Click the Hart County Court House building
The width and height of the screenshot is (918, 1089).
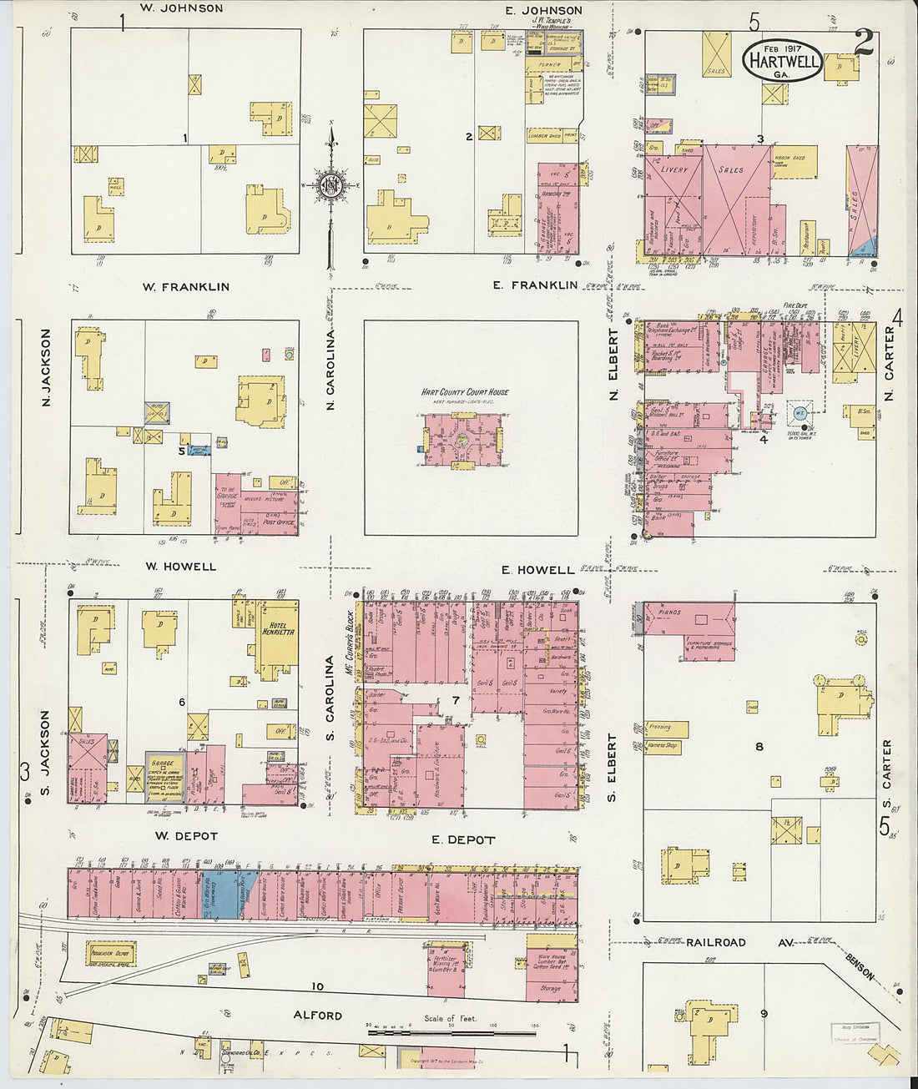click(463, 439)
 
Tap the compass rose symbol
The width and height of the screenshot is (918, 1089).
click(331, 186)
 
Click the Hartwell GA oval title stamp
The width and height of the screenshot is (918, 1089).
click(783, 62)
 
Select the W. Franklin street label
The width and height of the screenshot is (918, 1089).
click(185, 286)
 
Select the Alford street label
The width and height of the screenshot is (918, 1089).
click(317, 1016)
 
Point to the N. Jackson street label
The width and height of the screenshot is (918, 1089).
click(46, 367)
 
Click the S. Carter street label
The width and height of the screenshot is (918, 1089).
click(887, 764)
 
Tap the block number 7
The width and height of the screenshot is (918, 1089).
click(456, 700)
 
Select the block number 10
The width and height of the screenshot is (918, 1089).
click(317, 986)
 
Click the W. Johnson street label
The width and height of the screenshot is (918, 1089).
click(181, 8)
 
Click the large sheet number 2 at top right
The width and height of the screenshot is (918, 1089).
click(864, 42)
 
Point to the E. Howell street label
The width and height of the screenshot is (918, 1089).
click(538, 570)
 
